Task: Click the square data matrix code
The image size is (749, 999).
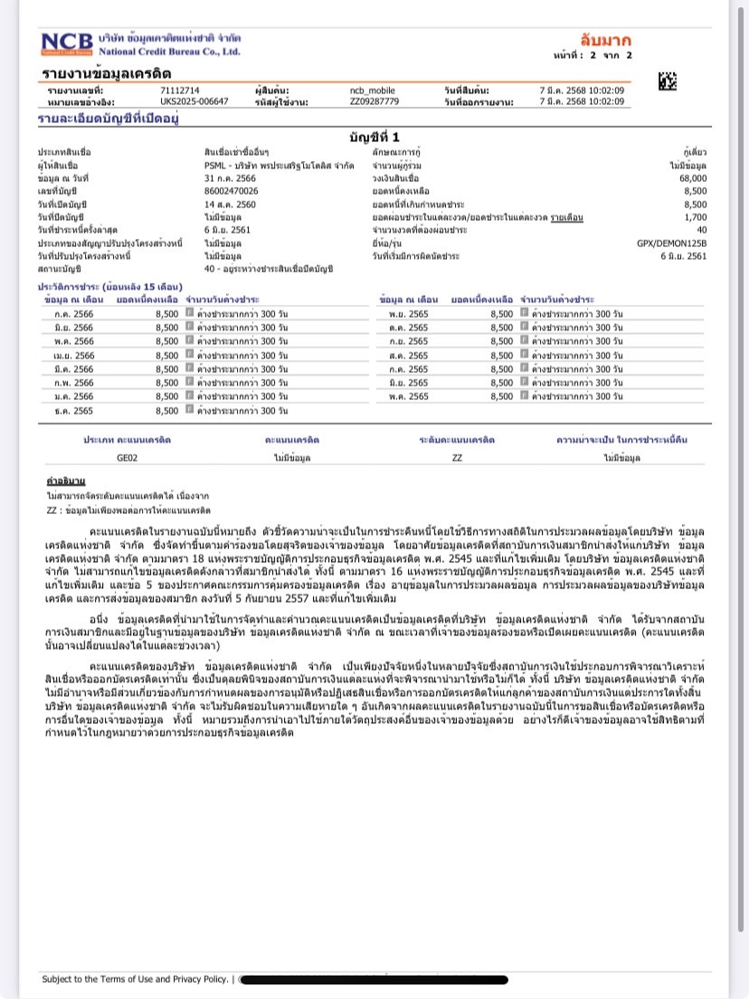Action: point(668,81)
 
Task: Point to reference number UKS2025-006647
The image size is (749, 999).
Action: point(194,101)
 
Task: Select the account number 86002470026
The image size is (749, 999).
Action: point(232,191)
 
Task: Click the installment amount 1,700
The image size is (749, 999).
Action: point(708,217)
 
